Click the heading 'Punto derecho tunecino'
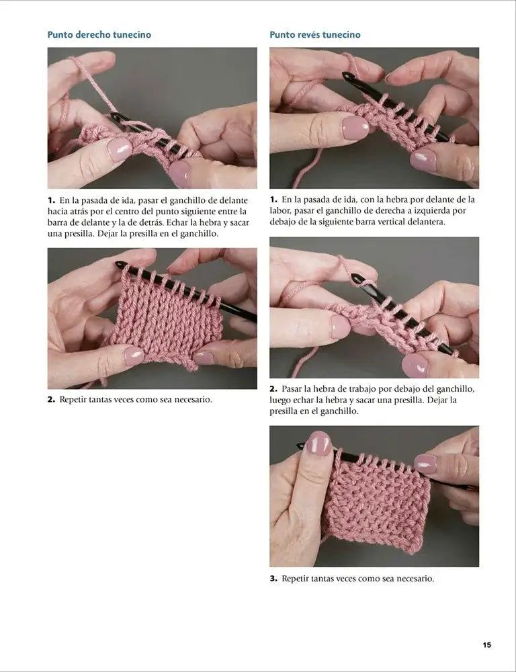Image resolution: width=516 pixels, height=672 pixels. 99,35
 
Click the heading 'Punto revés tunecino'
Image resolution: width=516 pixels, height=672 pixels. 315,35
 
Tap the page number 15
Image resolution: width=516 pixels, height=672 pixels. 487,645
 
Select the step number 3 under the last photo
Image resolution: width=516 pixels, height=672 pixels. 273,579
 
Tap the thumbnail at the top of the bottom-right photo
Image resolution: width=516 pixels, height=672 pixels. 318,443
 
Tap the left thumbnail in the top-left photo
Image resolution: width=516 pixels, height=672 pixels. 120,150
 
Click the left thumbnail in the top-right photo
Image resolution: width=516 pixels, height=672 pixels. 355,127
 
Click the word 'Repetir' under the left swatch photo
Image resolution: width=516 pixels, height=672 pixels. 73,400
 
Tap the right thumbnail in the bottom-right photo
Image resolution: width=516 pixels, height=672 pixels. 425,464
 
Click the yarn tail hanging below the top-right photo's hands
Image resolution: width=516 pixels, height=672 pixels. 307,169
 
